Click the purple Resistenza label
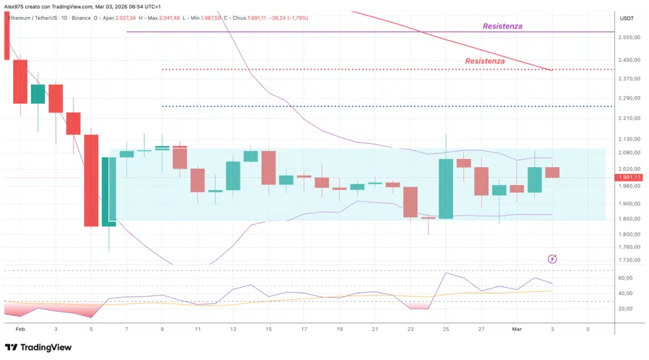(502, 26)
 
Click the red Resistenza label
(485, 61)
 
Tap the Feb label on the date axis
(20, 330)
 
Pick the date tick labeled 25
(446, 330)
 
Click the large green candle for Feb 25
(446, 189)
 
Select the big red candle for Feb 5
(91, 180)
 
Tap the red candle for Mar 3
(552, 172)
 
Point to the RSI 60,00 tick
(626, 278)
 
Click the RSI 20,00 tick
(626, 309)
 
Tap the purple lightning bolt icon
(552, 259)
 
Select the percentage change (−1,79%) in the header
(296, 18)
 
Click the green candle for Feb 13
(233, 176)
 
